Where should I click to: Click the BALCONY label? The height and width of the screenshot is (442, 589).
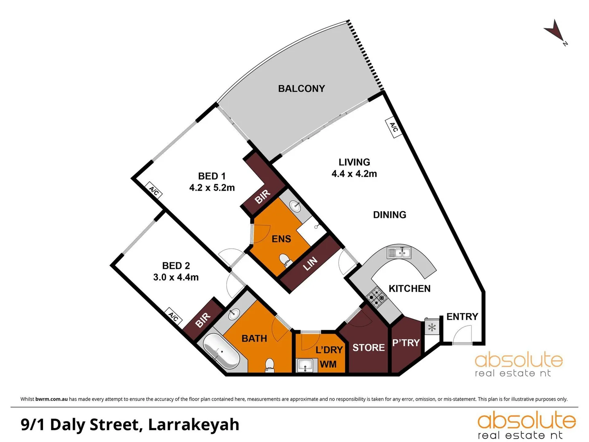pyautogui.click(x=301, y=88)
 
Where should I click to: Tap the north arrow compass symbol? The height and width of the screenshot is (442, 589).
pyautogui.click(x=554, y=31)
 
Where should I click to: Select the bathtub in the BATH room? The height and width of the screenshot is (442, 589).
pyautogui.click(x=221, y=352)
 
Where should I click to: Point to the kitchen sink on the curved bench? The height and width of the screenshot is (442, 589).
pyautogui.click(x=399, y=253)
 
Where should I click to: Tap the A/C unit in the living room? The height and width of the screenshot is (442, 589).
pyautogui.click(x=393, y=128)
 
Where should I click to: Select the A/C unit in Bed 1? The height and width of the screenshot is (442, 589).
pyautogui.click(x=154, y=191)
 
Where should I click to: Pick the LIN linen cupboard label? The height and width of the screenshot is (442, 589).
pyautogui.click(x=310, y=264)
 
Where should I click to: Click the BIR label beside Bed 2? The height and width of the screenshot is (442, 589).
pyautogui.click(x=203, y=320)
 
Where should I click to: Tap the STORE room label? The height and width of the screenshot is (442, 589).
pyautogui.click(x=368, y=347)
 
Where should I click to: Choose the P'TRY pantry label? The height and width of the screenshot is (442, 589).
pyautogui.click(x=406, y=343)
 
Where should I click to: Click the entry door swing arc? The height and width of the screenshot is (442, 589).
pyautogui.click(x=462, y=332)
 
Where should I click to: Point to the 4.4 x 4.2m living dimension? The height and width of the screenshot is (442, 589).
pyautogui.click(x=354, y=174)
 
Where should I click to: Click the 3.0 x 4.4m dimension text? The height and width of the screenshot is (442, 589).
pyautogui.click(x=176, y=277)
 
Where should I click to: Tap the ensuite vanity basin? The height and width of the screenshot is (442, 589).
pyautogui.click(x=295, y=206)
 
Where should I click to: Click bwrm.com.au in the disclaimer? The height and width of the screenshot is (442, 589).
pyautogui.click(x=51, y=399)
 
